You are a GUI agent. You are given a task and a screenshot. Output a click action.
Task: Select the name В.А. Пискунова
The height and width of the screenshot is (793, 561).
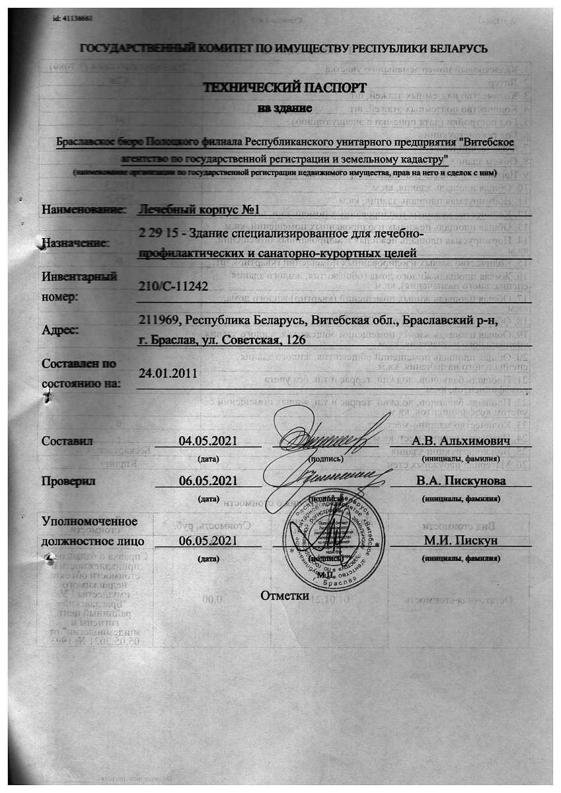pyautogui.click(x=461, y=480)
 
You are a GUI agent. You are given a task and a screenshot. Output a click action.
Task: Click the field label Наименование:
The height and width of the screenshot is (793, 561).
pyautogui.click(x=83, y=210)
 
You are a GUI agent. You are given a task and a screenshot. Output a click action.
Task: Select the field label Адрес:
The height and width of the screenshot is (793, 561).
pyautogui.click(x=60, y=330)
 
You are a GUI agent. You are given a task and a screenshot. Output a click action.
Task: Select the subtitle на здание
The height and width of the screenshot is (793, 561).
pyautogui.click(x=284, y=106)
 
